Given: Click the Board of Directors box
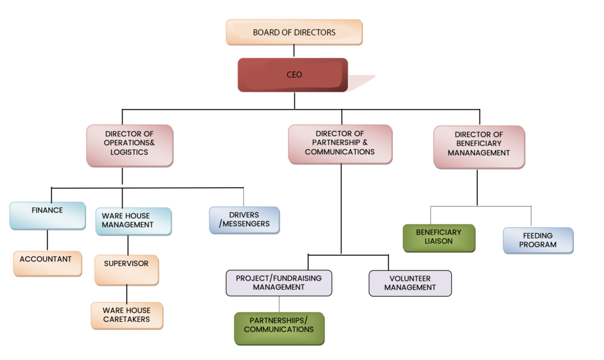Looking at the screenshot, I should [x=294, y=32].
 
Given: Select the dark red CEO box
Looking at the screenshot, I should [x=293, y=75].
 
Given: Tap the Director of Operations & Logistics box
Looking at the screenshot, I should [x=130, y=144].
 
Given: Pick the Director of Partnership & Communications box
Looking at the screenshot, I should [x=340, y=143].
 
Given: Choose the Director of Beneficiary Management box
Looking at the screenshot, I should [x=478, y=146].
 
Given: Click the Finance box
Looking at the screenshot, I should [x=47, y=215].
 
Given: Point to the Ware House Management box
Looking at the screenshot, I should [x=133, y=221].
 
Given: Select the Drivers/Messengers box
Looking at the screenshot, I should [x=244, y=220].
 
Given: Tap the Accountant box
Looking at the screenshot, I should [x=47, y=262].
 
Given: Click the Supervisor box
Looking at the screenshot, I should [x=126, y=269].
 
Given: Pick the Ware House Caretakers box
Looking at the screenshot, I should [x=126, y=315].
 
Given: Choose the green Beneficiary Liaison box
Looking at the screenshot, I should [x=438, y=237].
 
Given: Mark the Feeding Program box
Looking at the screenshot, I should [x=538, y=240].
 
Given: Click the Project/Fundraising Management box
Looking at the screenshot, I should [x=278, y=283].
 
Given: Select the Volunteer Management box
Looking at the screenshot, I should [x=410, y=283].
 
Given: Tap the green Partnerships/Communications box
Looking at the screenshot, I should [x=278, y=328].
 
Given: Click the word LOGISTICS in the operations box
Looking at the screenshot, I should [x=129, y=152].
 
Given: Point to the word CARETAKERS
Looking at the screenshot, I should [x=126, y=319].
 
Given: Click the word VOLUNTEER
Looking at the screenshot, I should [x=410, y=279].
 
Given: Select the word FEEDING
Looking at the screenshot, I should [x=538, y=235].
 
